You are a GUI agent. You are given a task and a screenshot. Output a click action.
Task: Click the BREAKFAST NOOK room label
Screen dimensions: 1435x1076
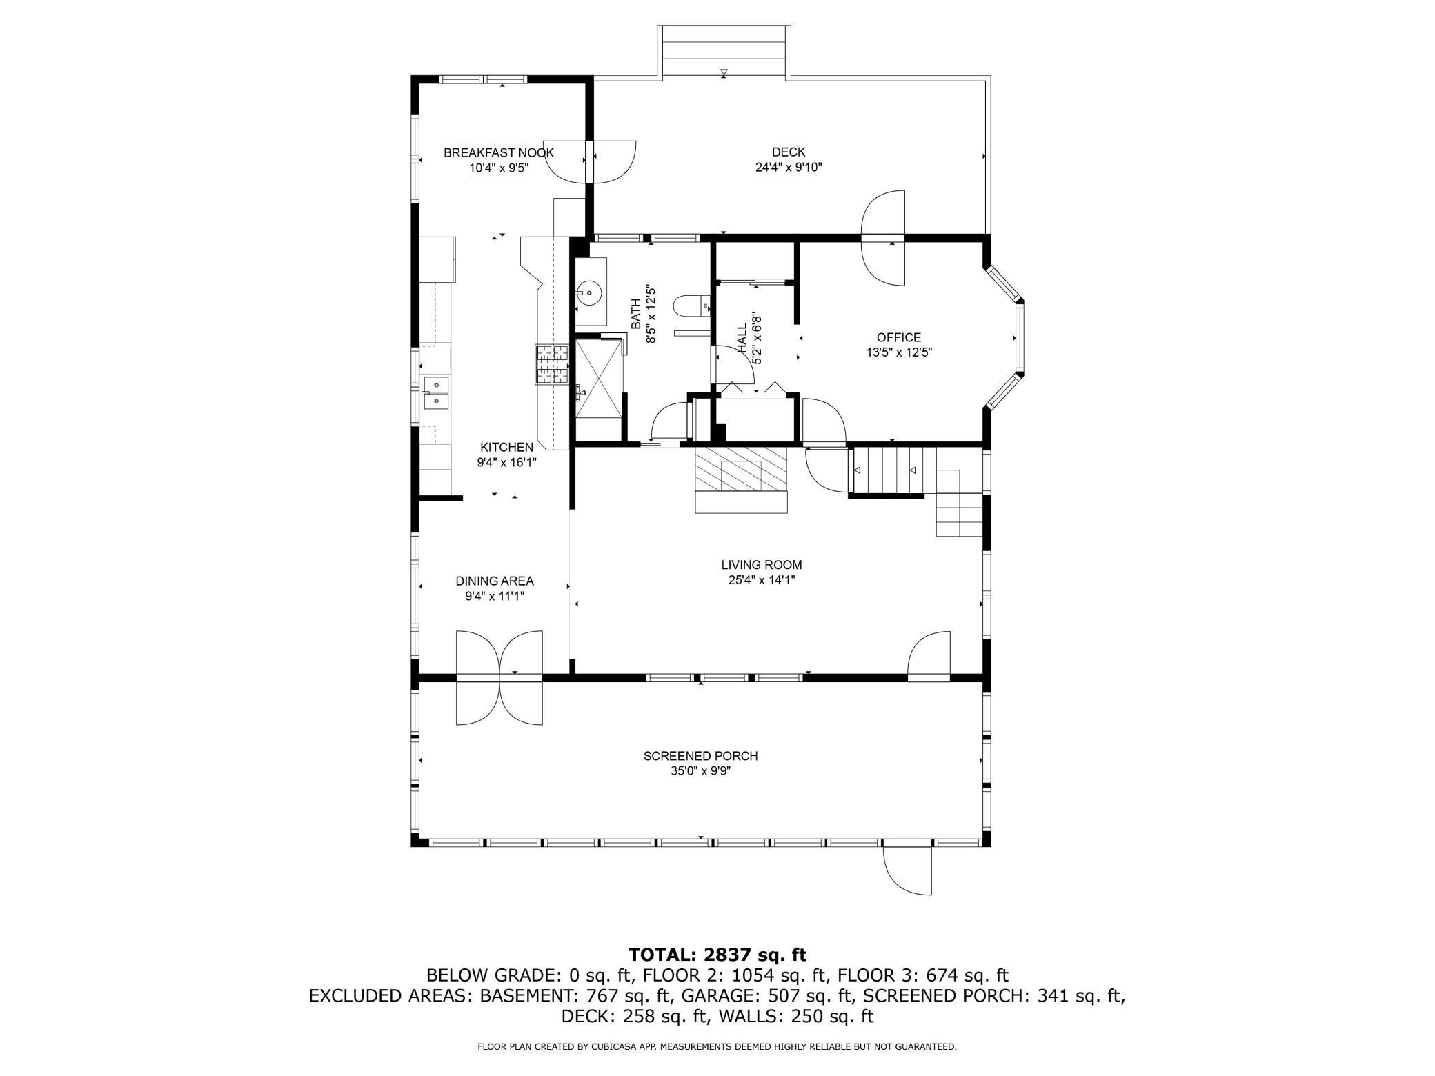click(x=498, y=152)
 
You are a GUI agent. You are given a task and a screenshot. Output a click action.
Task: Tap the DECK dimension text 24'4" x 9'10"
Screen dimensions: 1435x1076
click(x=788, y=167)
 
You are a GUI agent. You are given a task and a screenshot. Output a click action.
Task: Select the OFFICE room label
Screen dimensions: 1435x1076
click(x=898, y=337)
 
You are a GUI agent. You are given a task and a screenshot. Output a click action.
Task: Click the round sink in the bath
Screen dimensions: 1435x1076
click(x=590, y=293)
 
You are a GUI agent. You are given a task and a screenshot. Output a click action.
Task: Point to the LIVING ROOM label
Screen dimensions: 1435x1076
click(x=761, y=565)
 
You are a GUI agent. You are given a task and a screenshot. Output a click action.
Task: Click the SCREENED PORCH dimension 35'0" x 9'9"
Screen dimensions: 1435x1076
click(x=700, y=771)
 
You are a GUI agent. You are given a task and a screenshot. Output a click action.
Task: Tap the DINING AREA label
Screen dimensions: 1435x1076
click(x=494, y=581)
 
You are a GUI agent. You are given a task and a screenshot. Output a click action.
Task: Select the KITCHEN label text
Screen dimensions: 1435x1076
click(x=506, y=447)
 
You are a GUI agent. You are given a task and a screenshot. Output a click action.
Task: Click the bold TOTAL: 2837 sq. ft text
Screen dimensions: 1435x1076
click(x=717, y=955)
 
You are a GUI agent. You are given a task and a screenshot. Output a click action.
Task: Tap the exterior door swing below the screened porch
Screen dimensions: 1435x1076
click(x=907, y=870)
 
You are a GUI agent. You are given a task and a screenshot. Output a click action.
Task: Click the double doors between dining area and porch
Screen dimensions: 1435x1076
click(x=499, y=677)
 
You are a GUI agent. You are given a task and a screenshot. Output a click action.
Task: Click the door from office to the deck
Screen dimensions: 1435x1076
click(x=882, y=238)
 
